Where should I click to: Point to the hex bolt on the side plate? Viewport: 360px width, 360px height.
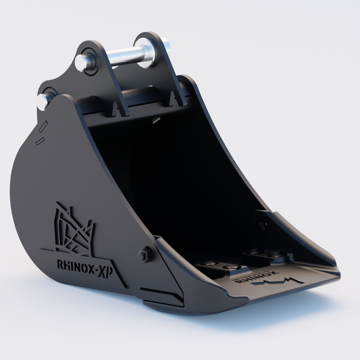pos(143,255)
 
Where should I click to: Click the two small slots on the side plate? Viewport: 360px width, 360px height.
pos(41,132)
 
